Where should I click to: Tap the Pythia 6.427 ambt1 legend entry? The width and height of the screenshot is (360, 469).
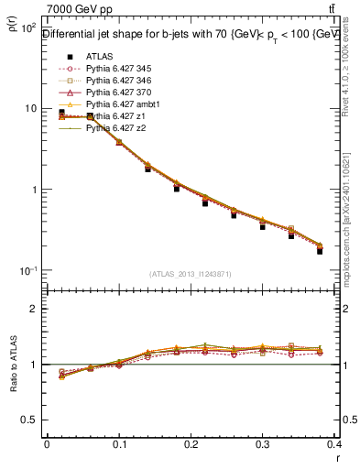(126, 104)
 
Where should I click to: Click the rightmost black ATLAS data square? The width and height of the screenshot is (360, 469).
(320, 251)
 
